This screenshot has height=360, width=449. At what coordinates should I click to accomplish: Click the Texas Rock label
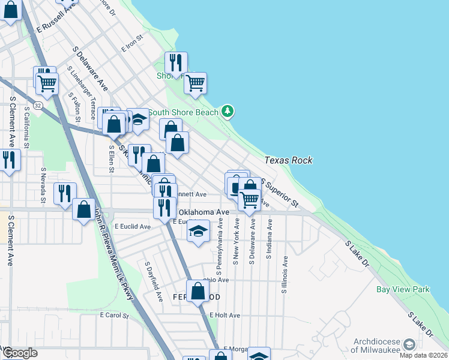tap(288, 161)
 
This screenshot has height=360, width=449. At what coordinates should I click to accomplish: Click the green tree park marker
tap(227, 111)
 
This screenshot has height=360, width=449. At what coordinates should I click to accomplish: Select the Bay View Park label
tap(403, 290)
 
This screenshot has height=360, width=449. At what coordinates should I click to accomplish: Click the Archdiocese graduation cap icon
tap(409, 344)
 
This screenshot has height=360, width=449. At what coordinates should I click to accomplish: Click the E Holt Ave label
tap(224, 315)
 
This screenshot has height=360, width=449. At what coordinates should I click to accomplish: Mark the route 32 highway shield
tap(38, 105)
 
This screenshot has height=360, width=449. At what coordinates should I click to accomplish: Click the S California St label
tap(26, 128)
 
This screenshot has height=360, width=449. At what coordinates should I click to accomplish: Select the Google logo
tap(19, 353)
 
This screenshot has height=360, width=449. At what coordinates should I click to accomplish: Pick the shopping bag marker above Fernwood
tap(197, 292)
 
